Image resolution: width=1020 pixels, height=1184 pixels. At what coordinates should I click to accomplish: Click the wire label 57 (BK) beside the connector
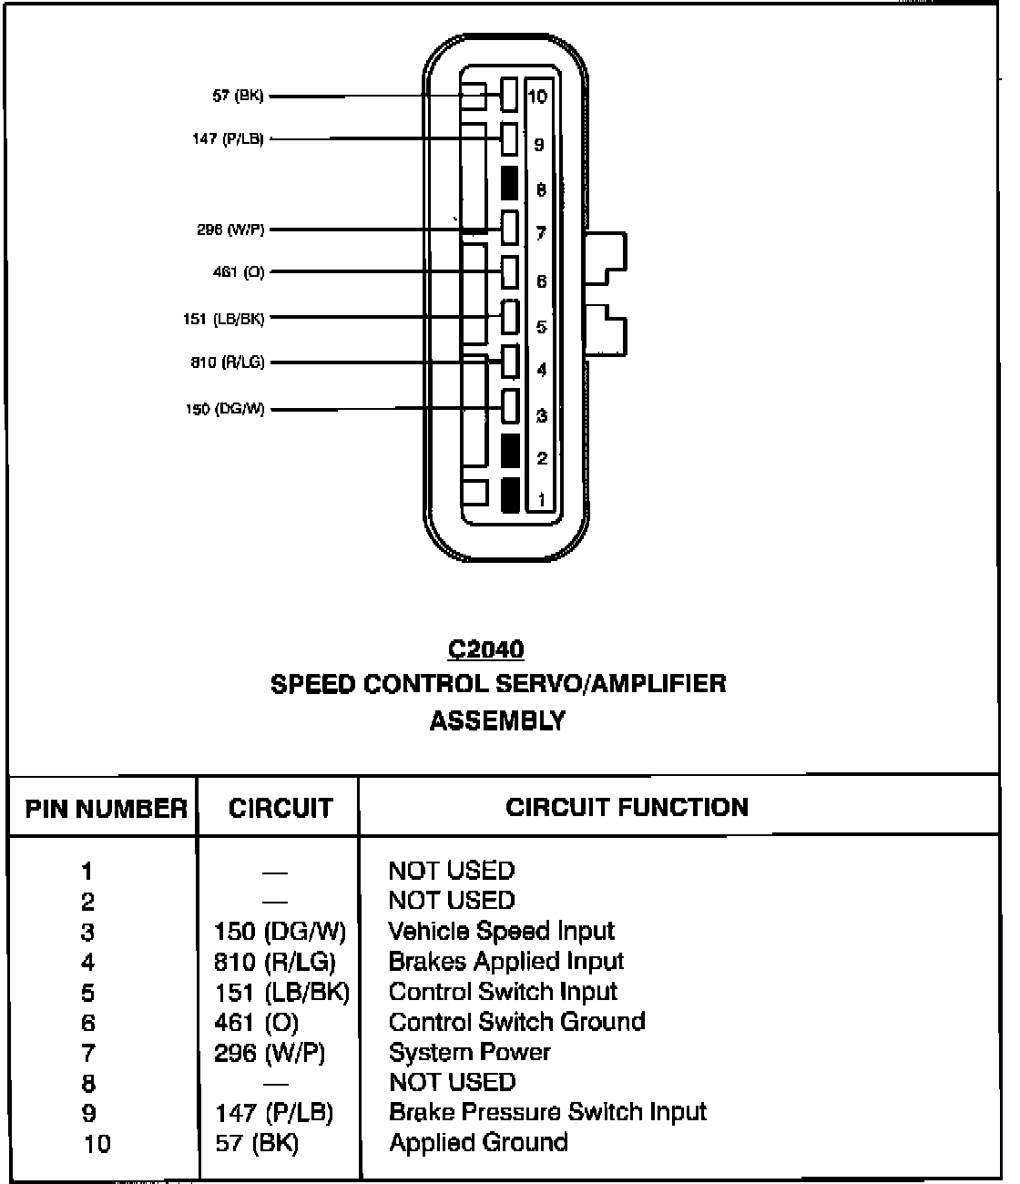(238, 96)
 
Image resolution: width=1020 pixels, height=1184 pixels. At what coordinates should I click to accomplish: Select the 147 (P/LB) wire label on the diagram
(228, 139)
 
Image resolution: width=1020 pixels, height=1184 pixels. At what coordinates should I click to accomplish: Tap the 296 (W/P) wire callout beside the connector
(230, 230)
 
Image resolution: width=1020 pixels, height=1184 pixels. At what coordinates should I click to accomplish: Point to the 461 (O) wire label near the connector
(238, 272)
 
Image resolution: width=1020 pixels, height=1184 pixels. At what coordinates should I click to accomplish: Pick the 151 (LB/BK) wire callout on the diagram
(224, 319)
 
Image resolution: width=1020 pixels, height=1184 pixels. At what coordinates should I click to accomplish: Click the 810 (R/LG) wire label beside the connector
(228, 362)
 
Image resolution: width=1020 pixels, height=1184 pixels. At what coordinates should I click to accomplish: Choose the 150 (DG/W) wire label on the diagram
(225, 410)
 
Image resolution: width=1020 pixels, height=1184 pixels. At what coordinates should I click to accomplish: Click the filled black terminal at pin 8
(510, 183)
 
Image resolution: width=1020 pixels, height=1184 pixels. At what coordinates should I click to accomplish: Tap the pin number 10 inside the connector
(538, 97)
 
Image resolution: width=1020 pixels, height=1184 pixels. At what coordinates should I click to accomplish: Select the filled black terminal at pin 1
(510, 494)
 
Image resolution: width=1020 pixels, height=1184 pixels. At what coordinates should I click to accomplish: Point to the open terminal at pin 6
(510, 271)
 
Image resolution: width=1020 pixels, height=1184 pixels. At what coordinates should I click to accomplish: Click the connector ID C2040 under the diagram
(486, 649)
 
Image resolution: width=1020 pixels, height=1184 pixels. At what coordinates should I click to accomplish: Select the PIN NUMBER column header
(106, 808)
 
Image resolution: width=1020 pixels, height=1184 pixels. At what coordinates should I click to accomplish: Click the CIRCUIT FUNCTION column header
(627, 807)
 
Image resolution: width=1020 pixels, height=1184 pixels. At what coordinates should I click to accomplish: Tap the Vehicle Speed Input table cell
(501, 931)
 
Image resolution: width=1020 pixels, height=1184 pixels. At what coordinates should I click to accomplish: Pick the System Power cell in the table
(469, 1052)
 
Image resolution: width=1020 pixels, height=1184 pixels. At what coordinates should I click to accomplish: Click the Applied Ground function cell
(478, 1142)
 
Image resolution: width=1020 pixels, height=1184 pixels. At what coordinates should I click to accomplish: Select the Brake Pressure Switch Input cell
(547, 1112)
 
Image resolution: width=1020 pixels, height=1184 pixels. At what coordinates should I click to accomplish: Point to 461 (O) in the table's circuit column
(256, 1023)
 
